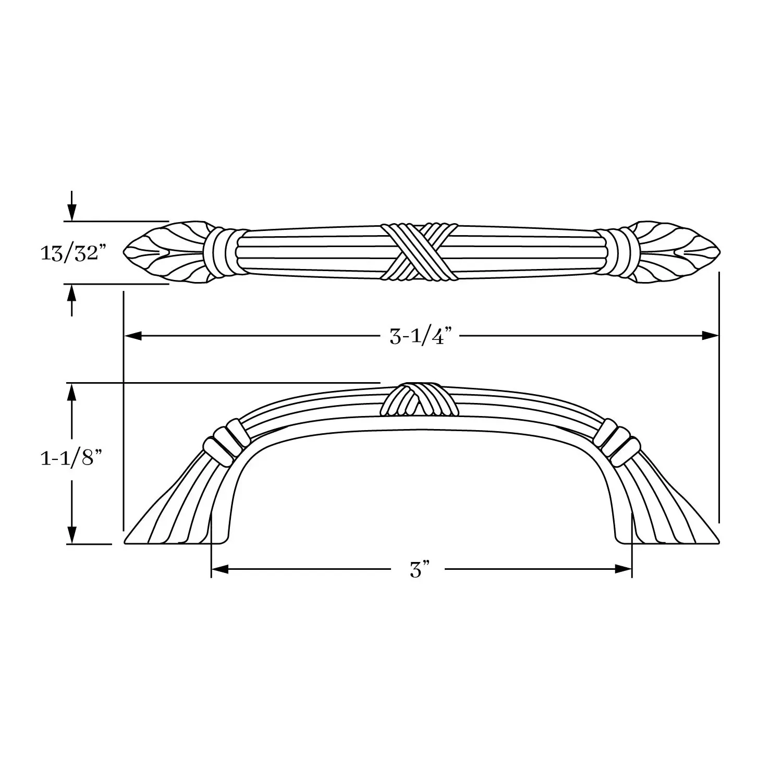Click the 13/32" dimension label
pos(73,254)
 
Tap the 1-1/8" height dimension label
pos(70,459)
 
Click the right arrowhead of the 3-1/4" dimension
pos(710,336)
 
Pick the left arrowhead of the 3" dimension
pos(220,569)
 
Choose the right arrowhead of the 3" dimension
pos(624,569)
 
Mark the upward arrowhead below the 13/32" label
pos(72,294)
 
